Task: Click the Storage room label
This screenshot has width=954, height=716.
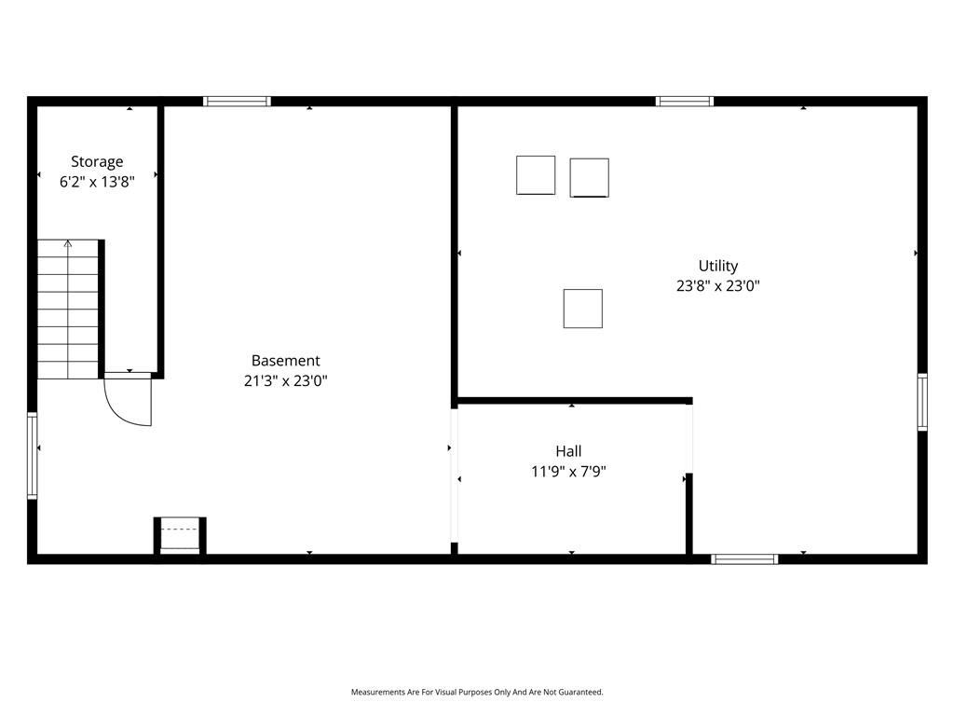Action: pyautogui.click(x=97, y=161)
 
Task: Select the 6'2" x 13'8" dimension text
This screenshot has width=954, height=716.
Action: pyautogui.click(x=97, y=182)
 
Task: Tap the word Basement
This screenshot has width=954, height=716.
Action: pyautogui.click(x=285, y=361)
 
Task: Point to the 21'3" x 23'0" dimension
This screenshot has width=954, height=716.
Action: pyautogui.click(x=285, y=380)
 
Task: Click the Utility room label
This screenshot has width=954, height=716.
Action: pyautogui.click(x=718, y=266)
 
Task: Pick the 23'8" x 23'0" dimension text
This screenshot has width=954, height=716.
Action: pyautogui.click(x=718, y=285)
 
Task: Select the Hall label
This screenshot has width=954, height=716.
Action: pyautogui.click(x=568, y=451)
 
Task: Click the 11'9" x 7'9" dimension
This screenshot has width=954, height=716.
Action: pyautogui.click(x=568, y=471)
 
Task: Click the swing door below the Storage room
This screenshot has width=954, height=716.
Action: pyautogui.click(x=127, y=399)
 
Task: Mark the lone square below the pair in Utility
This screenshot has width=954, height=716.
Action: pyautogui.click(x=583, y=309)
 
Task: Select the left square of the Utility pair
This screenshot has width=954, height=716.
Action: pyautogui.click(x=536, y=175)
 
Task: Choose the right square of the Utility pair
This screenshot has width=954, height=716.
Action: pyautogui.click(x=589, y=178)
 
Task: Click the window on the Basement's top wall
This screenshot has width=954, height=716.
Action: pyautogui.click(x=237, y=101)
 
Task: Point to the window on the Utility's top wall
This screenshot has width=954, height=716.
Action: pyautogui.click(x=685, y=101)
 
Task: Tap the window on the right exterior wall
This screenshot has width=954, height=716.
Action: pyautogui.click(x=922, y=402)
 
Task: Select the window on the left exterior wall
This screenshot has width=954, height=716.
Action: pyautogui.click(x=33, y=456)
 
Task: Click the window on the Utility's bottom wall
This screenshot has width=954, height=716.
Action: pyautogui.click(x=744, y=559)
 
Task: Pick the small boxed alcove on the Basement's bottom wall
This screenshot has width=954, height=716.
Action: pyautogui.click(x=180, y=536)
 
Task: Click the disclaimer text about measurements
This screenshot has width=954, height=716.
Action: pyautogui.click(x=477, y=693)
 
